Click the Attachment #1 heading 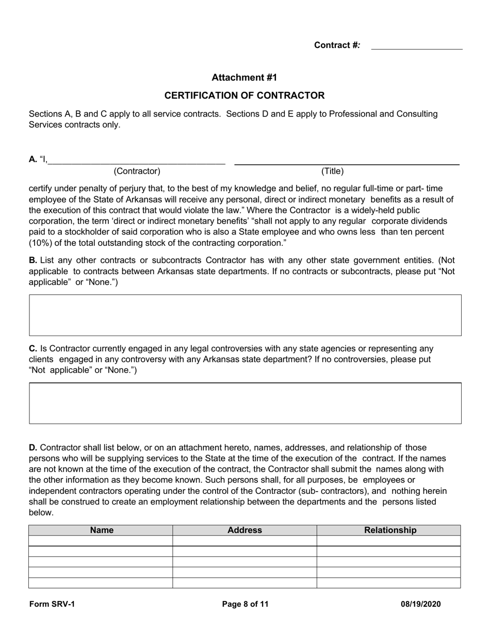tap(244, 77)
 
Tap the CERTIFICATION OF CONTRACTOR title tap(244, 95)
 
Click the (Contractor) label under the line tap(137, 171)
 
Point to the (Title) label tap(332, 171)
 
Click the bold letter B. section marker tap(33, 260)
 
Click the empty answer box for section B tap(245, 315)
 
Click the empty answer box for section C tap(245, 403)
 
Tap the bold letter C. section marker tap(33, 348)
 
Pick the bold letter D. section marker tap(33, 447)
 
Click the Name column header tap(102, 530)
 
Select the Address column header tap(244, 530)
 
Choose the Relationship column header tap(390, 530)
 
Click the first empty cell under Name tap(101, 541)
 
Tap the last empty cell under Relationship tap(388, 583)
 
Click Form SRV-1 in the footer tap(52, 605)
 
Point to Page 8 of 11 tap(245, 605)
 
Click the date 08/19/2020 tap(420, 605)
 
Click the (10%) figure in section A tap(40, 243)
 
